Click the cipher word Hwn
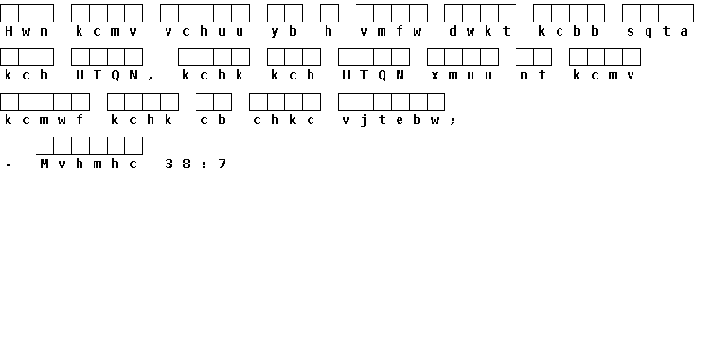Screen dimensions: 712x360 tap(26, 31)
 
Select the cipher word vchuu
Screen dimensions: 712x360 tap(204, 31)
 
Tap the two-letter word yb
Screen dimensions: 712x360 tap(283, 31)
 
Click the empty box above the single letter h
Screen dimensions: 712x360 tap(328, 13)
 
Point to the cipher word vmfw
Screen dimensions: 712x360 tap(390, 31)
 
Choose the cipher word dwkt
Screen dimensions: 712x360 tap(480, 31)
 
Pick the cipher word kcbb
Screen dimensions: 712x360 tap(568, 31)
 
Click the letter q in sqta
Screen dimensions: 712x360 tap(648, 32)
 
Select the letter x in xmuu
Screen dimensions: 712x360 tap(435, 76)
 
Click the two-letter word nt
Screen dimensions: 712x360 tap(533, 76)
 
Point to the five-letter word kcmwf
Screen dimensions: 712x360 tap(44, 120)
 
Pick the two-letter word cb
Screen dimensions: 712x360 tap(213, 120)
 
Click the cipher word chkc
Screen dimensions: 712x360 tap(283, 120)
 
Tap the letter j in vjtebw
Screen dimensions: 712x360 tap(364, 121)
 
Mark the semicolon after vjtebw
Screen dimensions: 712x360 tap(453, 122)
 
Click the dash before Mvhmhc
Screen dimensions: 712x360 tap(8, 165)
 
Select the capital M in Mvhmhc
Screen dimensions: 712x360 tap(44, 164)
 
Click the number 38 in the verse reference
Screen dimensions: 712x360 tap(178, 164)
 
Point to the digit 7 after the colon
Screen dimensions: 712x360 tap(222, 164)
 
